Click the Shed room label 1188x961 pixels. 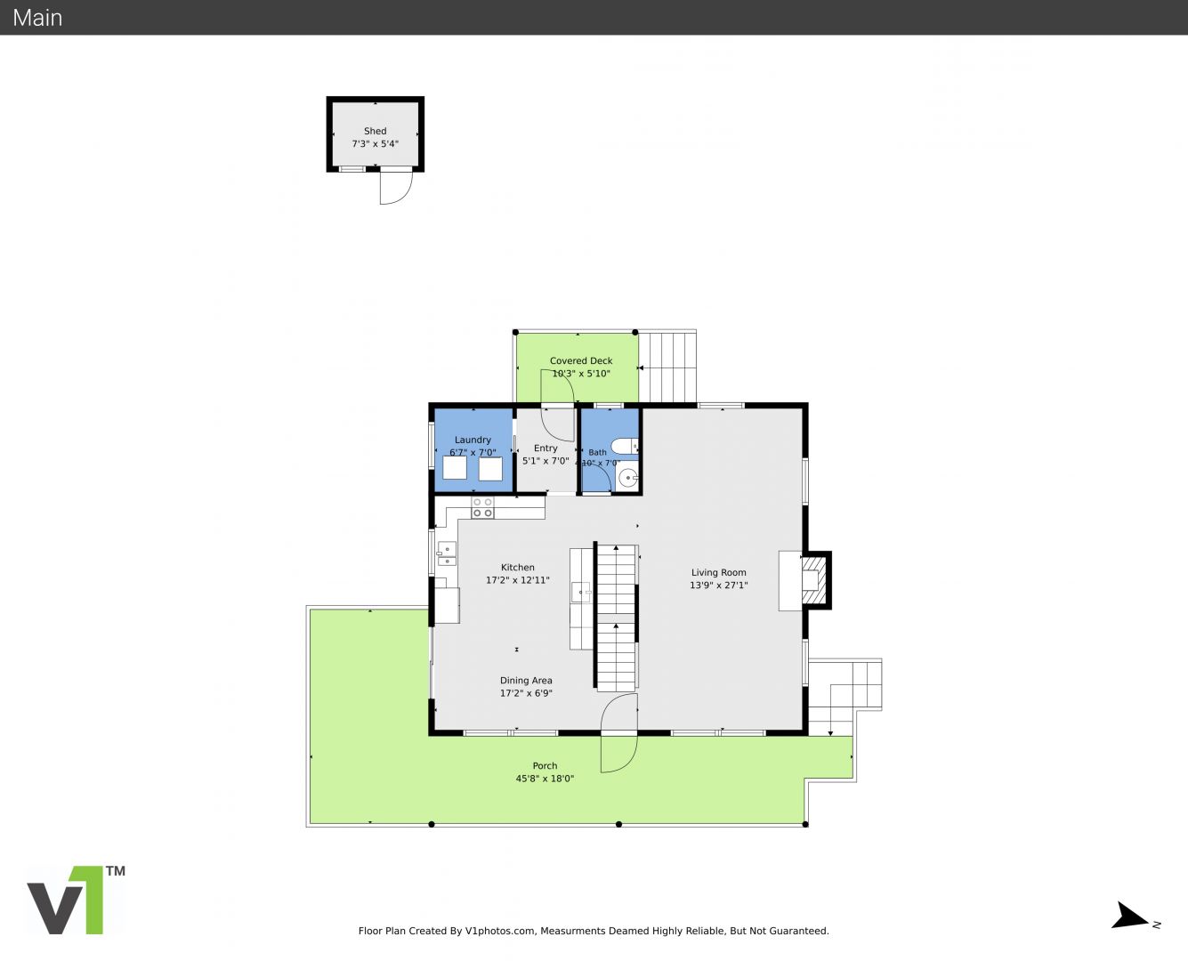[375, 131]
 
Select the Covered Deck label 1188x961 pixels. [580, 361]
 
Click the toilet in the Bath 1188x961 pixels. [625, 446]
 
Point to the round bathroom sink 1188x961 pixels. [628, 478]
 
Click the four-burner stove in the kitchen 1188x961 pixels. [482, 507]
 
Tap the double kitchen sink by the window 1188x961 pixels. [446, 553]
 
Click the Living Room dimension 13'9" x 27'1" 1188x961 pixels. [718, 585]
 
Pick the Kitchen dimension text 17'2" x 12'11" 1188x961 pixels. [518, 580]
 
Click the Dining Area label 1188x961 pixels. [526, 681]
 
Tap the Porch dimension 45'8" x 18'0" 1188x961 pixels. [545, 779]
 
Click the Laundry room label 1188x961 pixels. [473, 440]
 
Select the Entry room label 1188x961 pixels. [546, 448]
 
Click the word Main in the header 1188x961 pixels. [37, 18]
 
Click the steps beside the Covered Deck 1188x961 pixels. [667, 367]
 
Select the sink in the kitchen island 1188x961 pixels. [581, 592]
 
